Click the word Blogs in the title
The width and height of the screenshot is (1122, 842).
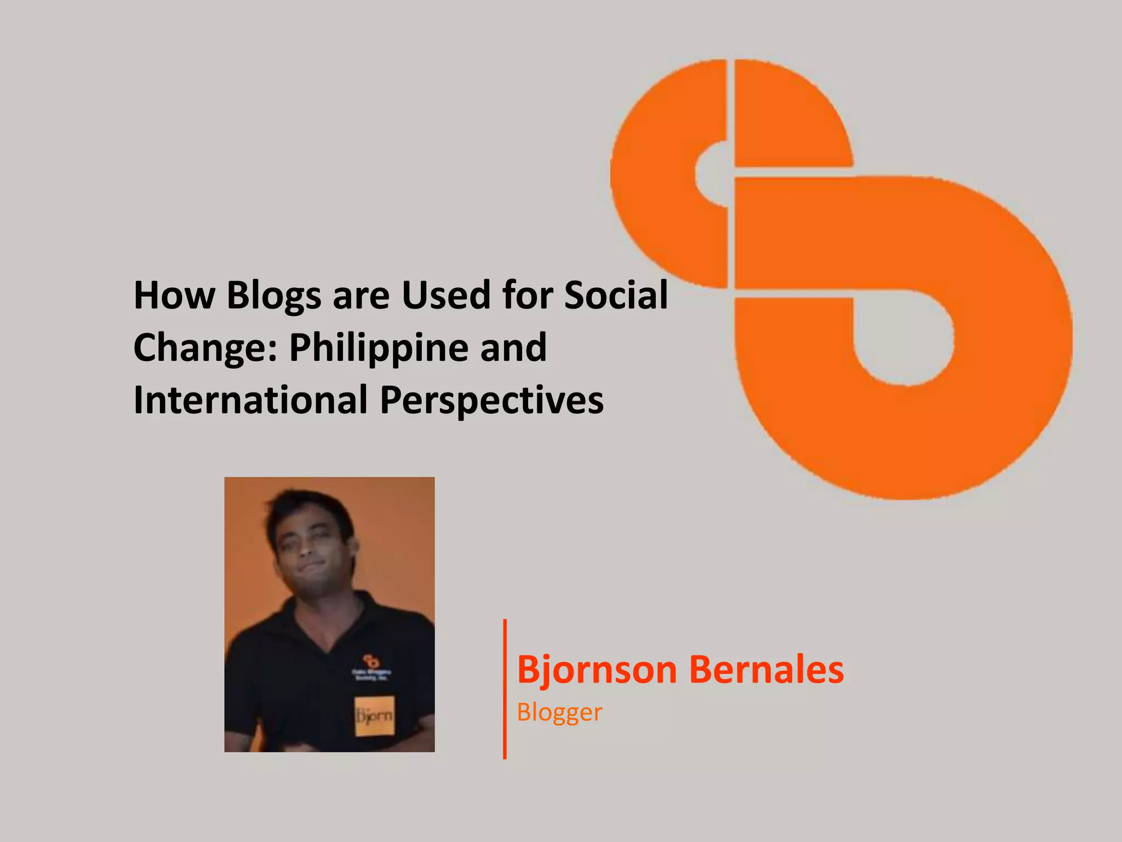pos(273,296)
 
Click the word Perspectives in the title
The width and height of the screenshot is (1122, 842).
pos(491,401)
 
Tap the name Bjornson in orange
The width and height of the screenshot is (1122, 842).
pos(597,669)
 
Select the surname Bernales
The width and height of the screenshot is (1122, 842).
pos(766,669)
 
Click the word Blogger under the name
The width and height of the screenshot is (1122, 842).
pos(559,712)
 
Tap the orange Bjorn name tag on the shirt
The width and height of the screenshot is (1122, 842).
pos(375,715)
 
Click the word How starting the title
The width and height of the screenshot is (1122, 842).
pos(174,296)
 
